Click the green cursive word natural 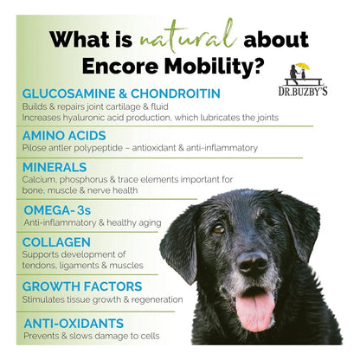click(x=188, y=37)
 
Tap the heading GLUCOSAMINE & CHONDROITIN click(x=121, y=93)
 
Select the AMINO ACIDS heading click(x=64, y=136)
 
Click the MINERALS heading click(x=55, y=167)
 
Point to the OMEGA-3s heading click(x=57, y=210)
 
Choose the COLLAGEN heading click(x=56, y=242)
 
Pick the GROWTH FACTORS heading click(x=82, y=286)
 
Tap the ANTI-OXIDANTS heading click(x=74, y=324)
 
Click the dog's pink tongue click(x=255, y=310)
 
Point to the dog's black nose click(x=253, y=261)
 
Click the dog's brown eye click(x=218, y=229)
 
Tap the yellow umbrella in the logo click(x=303, y=67)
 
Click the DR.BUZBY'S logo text click(x=303, y=91)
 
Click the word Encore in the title click(x=120, y=67)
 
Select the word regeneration click(x=157, y=300)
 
